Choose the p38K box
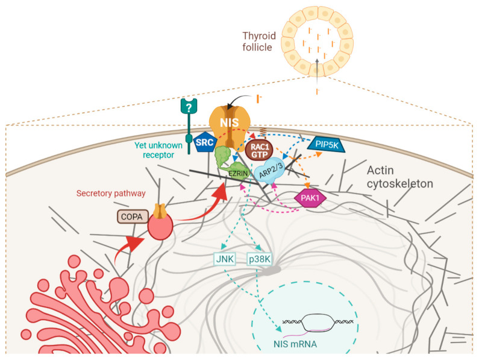click(x=260, y=261)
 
